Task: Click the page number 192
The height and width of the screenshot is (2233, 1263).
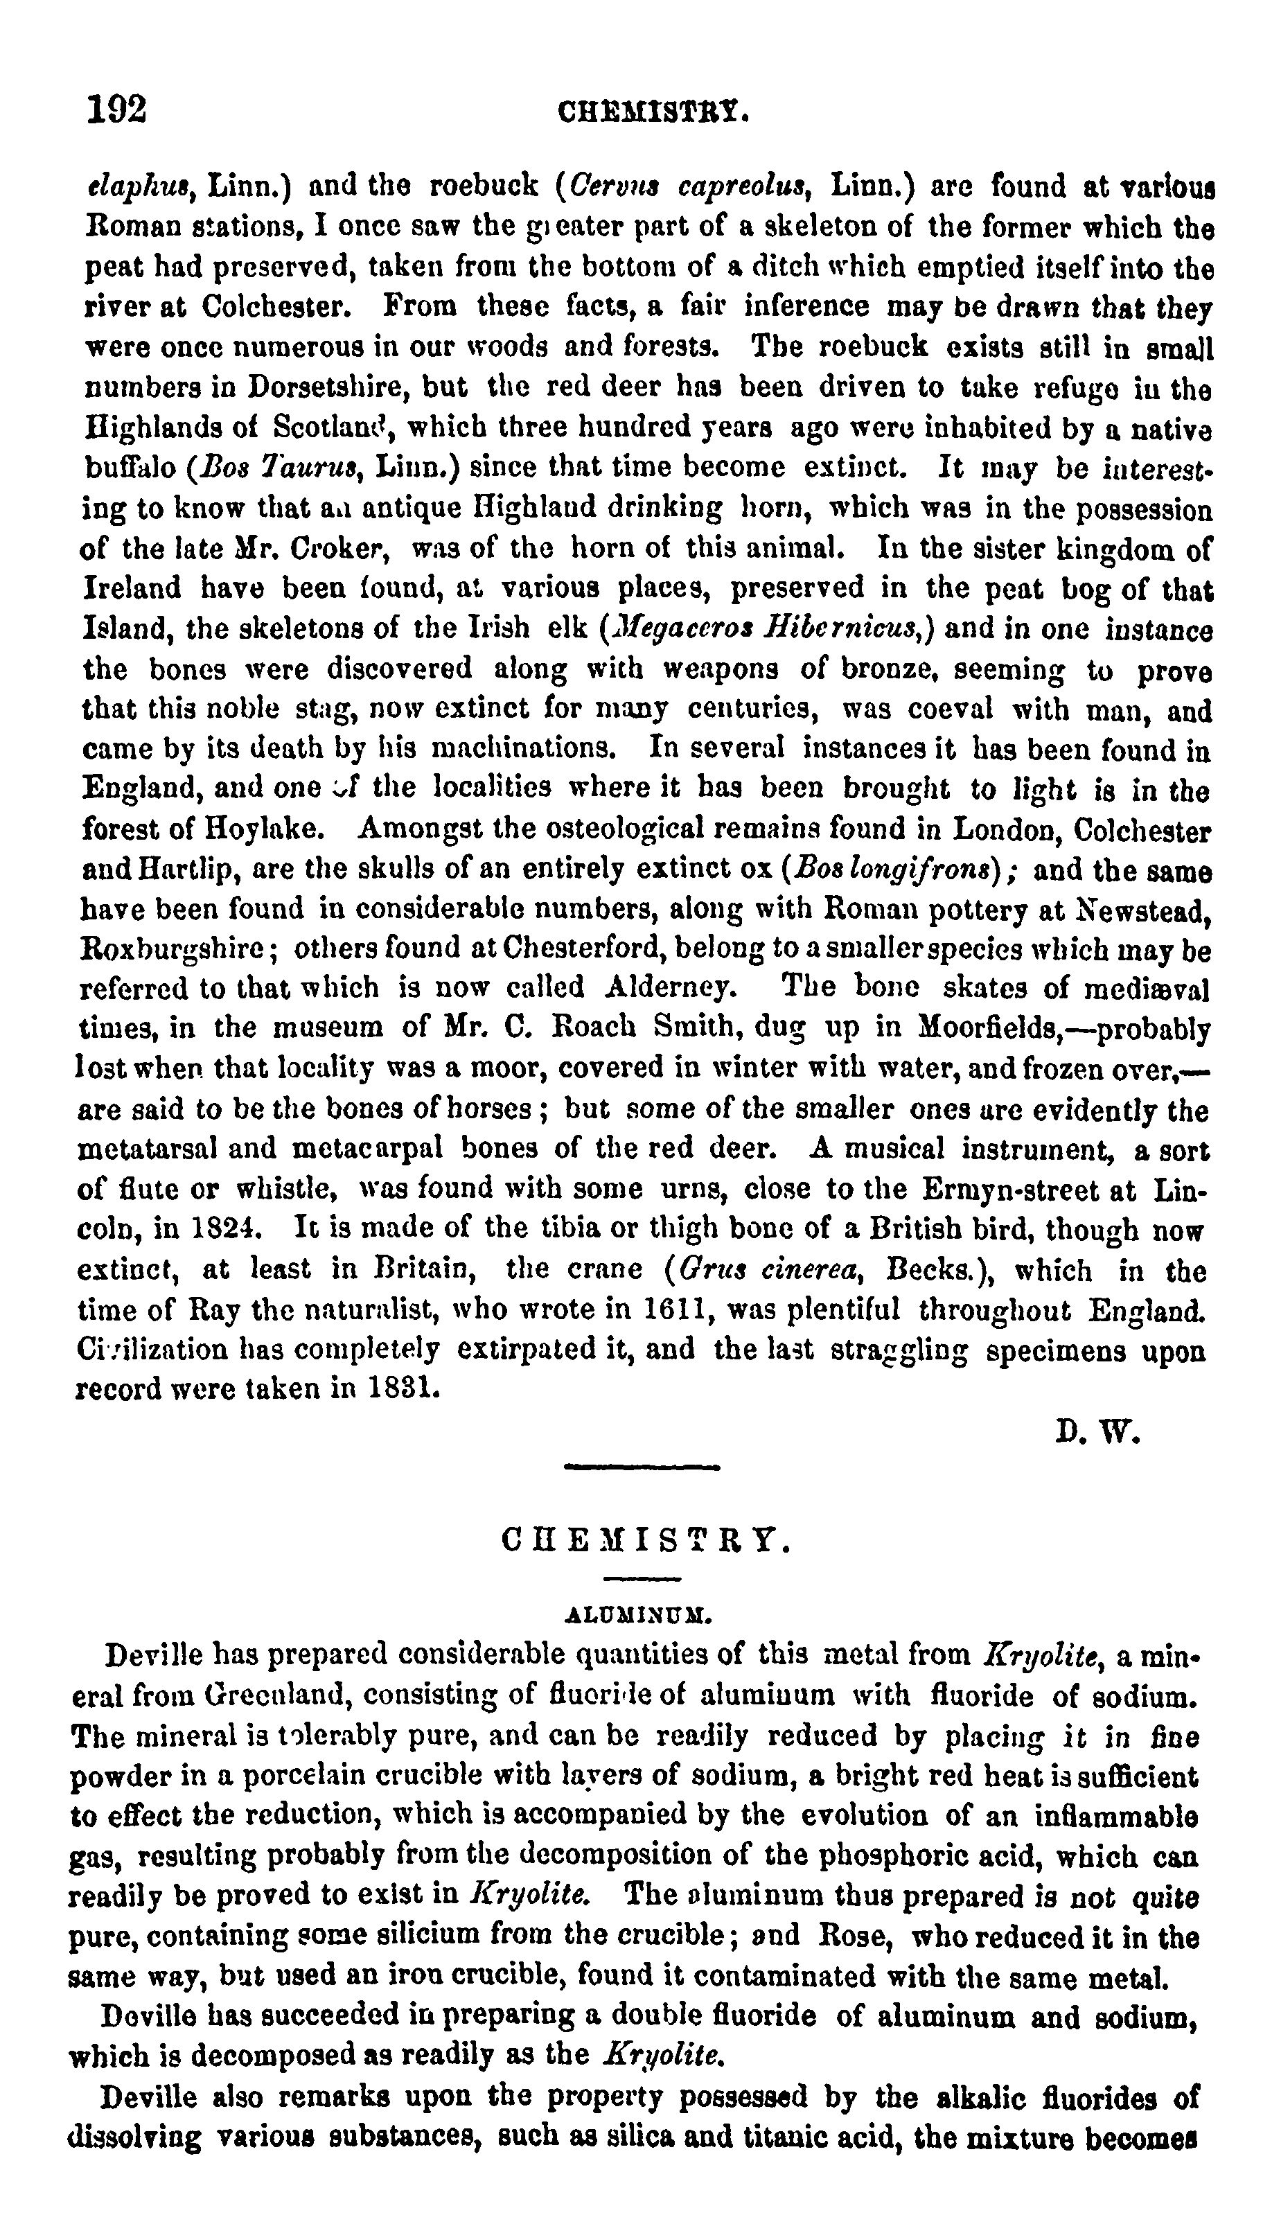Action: point(117,111)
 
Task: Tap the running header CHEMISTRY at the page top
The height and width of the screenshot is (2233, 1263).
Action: point(653,113)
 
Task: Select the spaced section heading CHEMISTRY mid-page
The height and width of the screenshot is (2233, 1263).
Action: point(646,1541)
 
